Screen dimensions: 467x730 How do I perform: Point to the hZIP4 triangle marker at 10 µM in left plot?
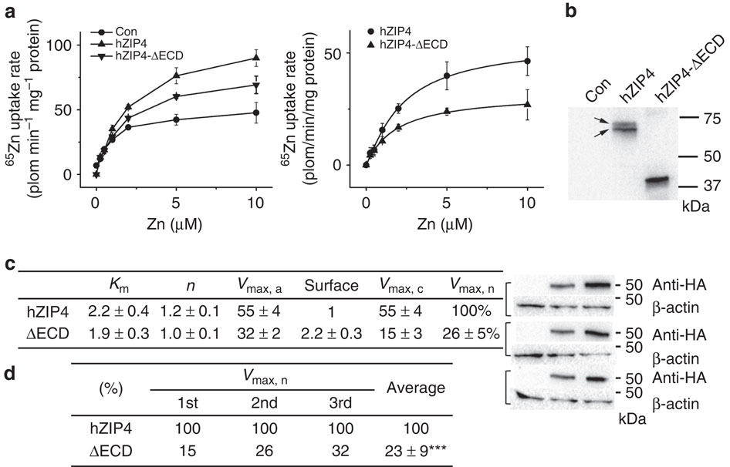coord(255,58)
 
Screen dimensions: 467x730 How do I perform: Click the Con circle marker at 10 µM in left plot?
coord(255,113)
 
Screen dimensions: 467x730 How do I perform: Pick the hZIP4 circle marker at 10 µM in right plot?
coord(527,61)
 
